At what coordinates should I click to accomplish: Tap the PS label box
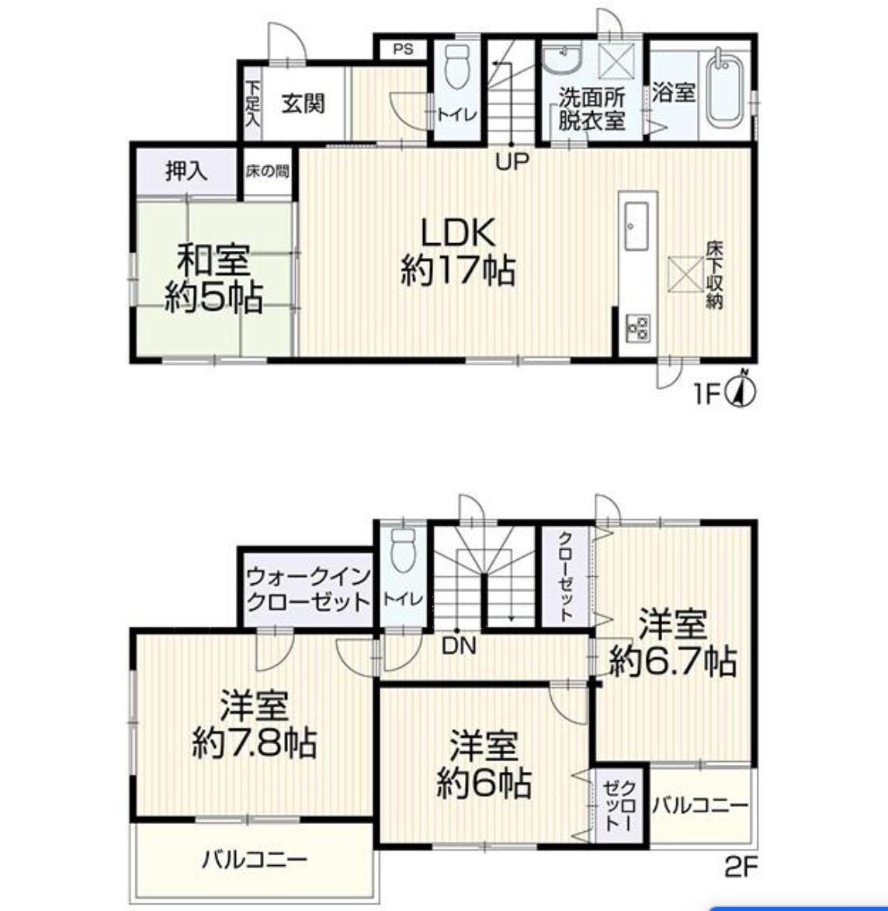[403, 49]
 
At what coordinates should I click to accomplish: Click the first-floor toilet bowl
[457, 67]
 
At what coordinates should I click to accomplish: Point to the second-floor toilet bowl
[404, 549]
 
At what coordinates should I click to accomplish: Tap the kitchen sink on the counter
[636, 226]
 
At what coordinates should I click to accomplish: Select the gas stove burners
[637, 328]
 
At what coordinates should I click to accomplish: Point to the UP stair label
[512, 161]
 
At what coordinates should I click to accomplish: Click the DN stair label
[459, 645]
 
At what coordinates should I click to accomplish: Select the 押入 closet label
[186, 171]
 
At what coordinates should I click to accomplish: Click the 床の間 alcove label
[267, 172]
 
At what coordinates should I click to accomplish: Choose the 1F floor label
[707, 395]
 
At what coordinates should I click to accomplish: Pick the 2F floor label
[741, 868]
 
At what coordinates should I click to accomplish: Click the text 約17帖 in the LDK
[458, 271]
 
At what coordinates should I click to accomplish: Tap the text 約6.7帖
[673, 661]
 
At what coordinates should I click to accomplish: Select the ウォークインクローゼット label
[308, 589]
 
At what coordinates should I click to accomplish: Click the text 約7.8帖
[255, 742]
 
